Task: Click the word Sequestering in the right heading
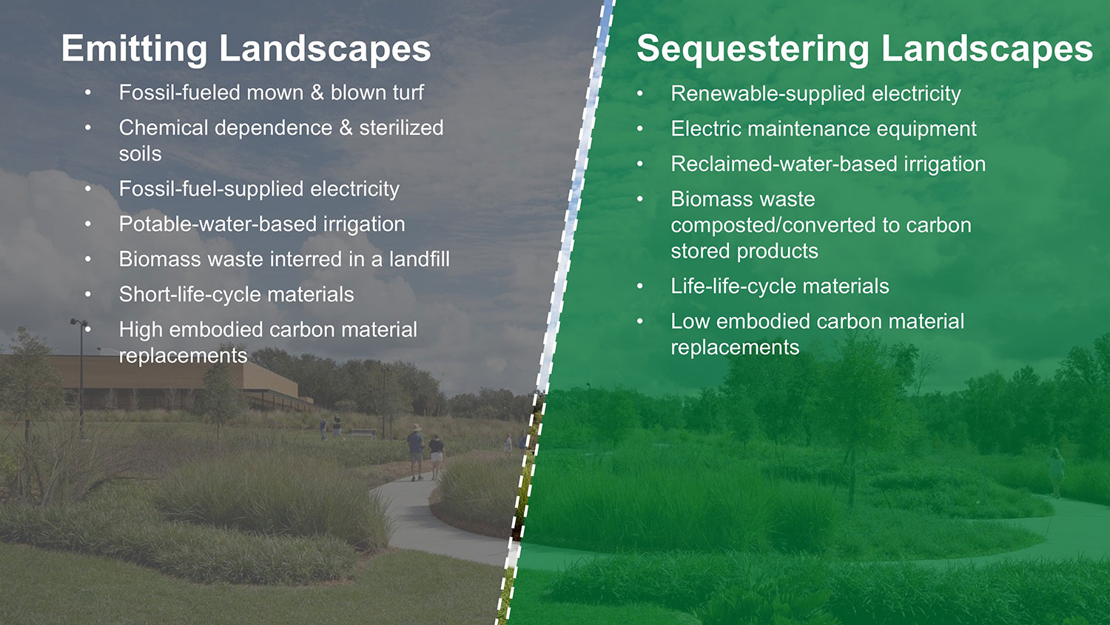pos(753,50)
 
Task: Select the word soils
pos(140,154)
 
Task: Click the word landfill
pos(419,259)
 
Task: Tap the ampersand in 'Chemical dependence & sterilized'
pos(346,128)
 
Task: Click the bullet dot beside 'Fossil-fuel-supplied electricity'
pos(87,190)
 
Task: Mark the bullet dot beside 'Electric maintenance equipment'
pos(640,130)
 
